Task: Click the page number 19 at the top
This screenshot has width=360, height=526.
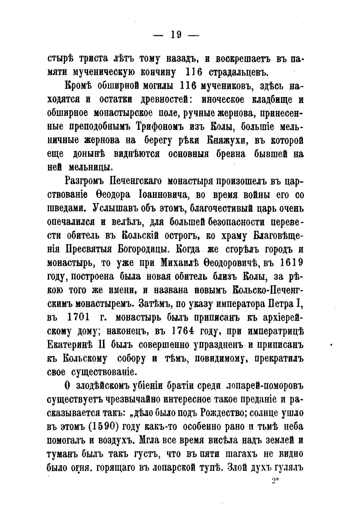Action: pos(176,34)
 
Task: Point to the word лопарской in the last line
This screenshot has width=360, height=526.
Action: pos(180,467)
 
